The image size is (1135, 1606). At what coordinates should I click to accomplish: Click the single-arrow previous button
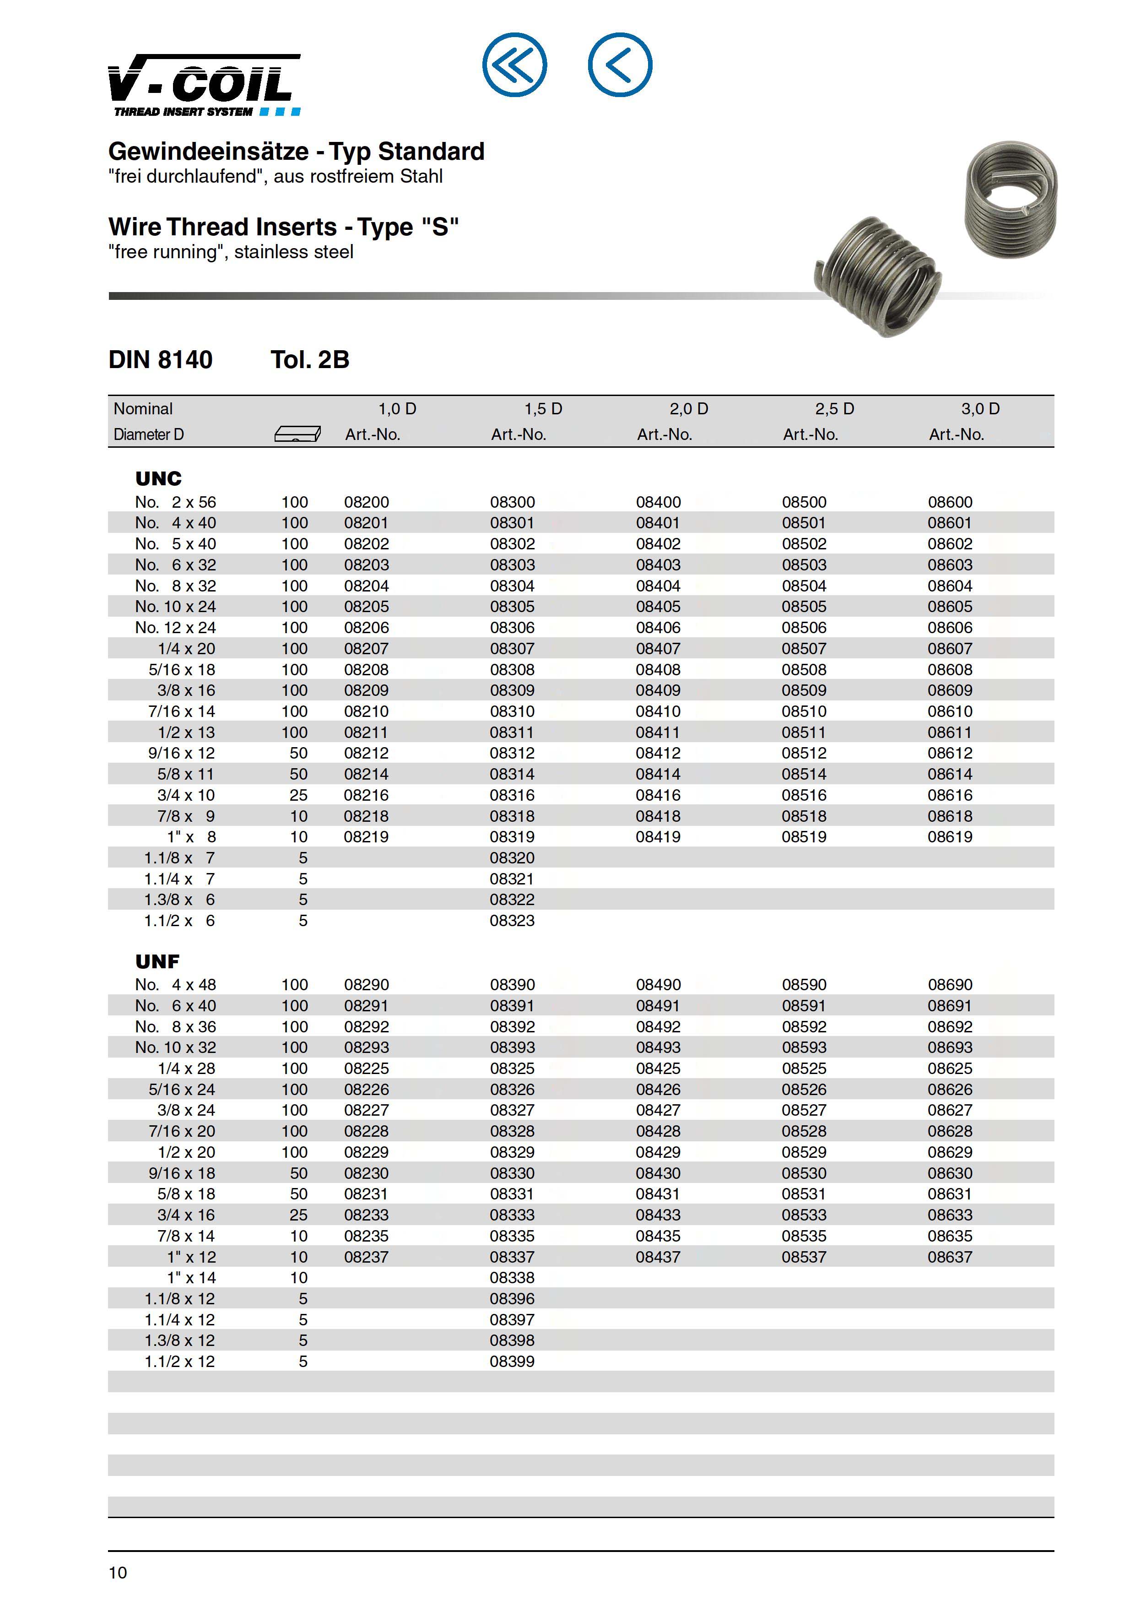coord(620,65)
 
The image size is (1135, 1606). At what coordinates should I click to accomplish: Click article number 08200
coord(367,502)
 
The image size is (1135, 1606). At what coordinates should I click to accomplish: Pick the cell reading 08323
coord(512,921)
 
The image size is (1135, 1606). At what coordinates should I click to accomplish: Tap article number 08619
coord(950,836)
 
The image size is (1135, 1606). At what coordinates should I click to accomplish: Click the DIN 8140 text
coord(160,359)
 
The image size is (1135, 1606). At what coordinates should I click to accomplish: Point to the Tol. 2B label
coord(310,359)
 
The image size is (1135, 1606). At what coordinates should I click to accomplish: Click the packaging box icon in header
coord(297,434)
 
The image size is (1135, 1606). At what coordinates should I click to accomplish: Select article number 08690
coord(950,984)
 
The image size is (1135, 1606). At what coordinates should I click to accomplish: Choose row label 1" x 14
coord(191,1278)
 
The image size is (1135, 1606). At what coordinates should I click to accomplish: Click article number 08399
coord(512,1361)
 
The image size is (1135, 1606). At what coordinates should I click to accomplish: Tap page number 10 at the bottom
coord(118,1573)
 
